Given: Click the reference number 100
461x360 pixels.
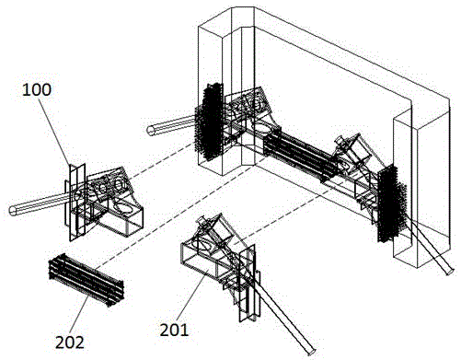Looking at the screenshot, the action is point(37,90).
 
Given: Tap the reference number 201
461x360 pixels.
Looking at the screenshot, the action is point(174,330).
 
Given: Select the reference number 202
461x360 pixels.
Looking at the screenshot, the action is point(70,343).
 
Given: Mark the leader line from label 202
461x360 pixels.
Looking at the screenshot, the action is point(81,314).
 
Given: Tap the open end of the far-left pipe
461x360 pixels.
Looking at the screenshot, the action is point(12,211).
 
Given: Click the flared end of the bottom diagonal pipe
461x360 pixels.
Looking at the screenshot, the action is point(311,352).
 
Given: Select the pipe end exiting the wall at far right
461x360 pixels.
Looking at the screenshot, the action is point(449,271).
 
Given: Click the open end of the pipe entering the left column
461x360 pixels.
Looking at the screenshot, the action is point(151,130).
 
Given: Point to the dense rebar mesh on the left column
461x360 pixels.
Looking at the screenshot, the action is point(210,122).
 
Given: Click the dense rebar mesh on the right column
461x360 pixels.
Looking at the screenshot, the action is point(392,203).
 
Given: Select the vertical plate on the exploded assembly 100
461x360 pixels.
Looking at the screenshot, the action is point(76,203).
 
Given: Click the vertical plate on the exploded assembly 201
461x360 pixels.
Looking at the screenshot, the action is point(248,284).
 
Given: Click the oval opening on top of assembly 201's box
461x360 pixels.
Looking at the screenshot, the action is point(204,245).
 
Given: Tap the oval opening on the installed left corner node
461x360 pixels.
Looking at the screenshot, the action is point(261,127).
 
